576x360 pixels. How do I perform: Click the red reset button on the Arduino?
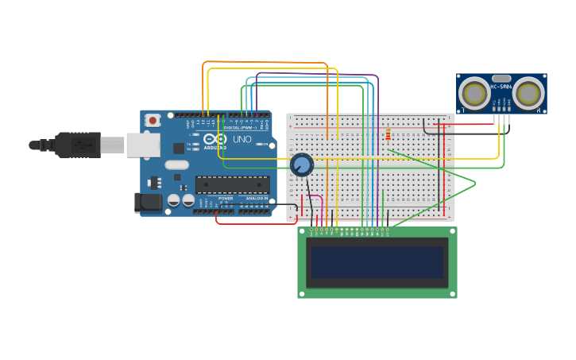click(153, 120)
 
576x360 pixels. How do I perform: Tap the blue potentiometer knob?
click(301, 165)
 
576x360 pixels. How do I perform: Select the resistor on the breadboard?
click(388, 134)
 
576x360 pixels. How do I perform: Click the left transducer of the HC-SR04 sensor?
click(474, 93)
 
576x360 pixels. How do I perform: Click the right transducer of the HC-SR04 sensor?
click(529, 93)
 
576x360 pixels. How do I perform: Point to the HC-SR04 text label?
click(501, 87)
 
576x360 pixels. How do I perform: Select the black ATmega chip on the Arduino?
click(232, 184)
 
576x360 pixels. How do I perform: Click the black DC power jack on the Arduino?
click(148, 203)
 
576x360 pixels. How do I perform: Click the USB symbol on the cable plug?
click(81, 145)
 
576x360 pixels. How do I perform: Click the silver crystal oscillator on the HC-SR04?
click(501, 78)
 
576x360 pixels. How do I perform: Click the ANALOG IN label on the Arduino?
click(256, 199)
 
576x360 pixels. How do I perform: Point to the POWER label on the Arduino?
click(226, 199)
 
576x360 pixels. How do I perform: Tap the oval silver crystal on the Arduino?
click(176, 165)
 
